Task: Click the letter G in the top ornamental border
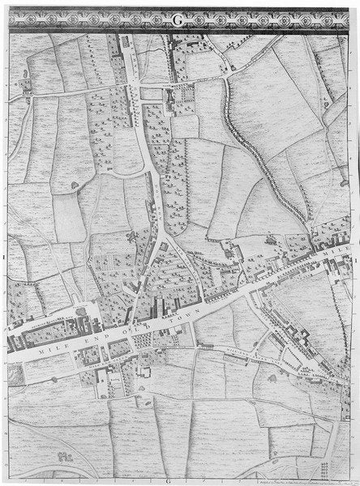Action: [177, 22]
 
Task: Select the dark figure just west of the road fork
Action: [131, 236]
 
